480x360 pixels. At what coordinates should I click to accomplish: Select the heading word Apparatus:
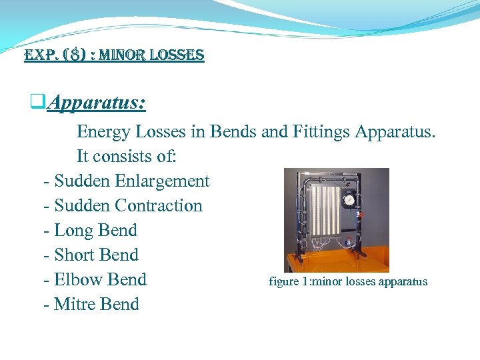pyautogui.click(x=97, y=103)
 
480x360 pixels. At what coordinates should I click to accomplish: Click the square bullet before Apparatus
pyautogui.click(x=37, y=103)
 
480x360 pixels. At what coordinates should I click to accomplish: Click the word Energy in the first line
pyautogui.click(x=101, y=131)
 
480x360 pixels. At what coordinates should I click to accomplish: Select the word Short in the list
pyautogui.click(x=75, y=255)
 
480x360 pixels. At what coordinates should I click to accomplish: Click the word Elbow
pyautogui.click(x=77, y=279)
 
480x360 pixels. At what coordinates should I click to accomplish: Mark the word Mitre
pyautogui.click(x=74, y=304)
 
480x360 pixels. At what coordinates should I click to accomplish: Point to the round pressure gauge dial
pyautogui.click(x=347, y=200)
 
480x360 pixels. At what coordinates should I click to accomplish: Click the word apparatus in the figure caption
pyautogui.click(x=403, y=281)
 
